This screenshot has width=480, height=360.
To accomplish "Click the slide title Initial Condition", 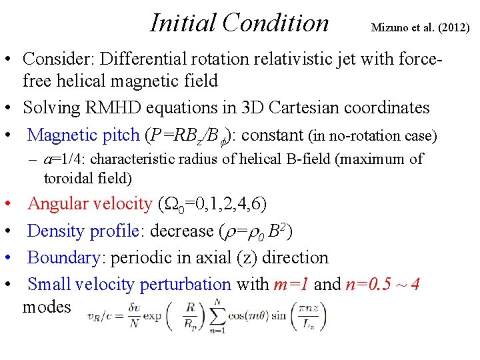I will tap(239, 23).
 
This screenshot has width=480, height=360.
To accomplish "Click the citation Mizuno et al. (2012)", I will tap(420, 28).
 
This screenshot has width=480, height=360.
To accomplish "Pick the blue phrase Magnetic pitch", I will tap(83, 135).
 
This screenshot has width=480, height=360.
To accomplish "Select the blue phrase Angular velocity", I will tap(90, 204).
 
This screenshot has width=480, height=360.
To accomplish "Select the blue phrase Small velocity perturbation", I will tap(129, 284).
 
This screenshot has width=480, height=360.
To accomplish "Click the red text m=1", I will tap(291, 284).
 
